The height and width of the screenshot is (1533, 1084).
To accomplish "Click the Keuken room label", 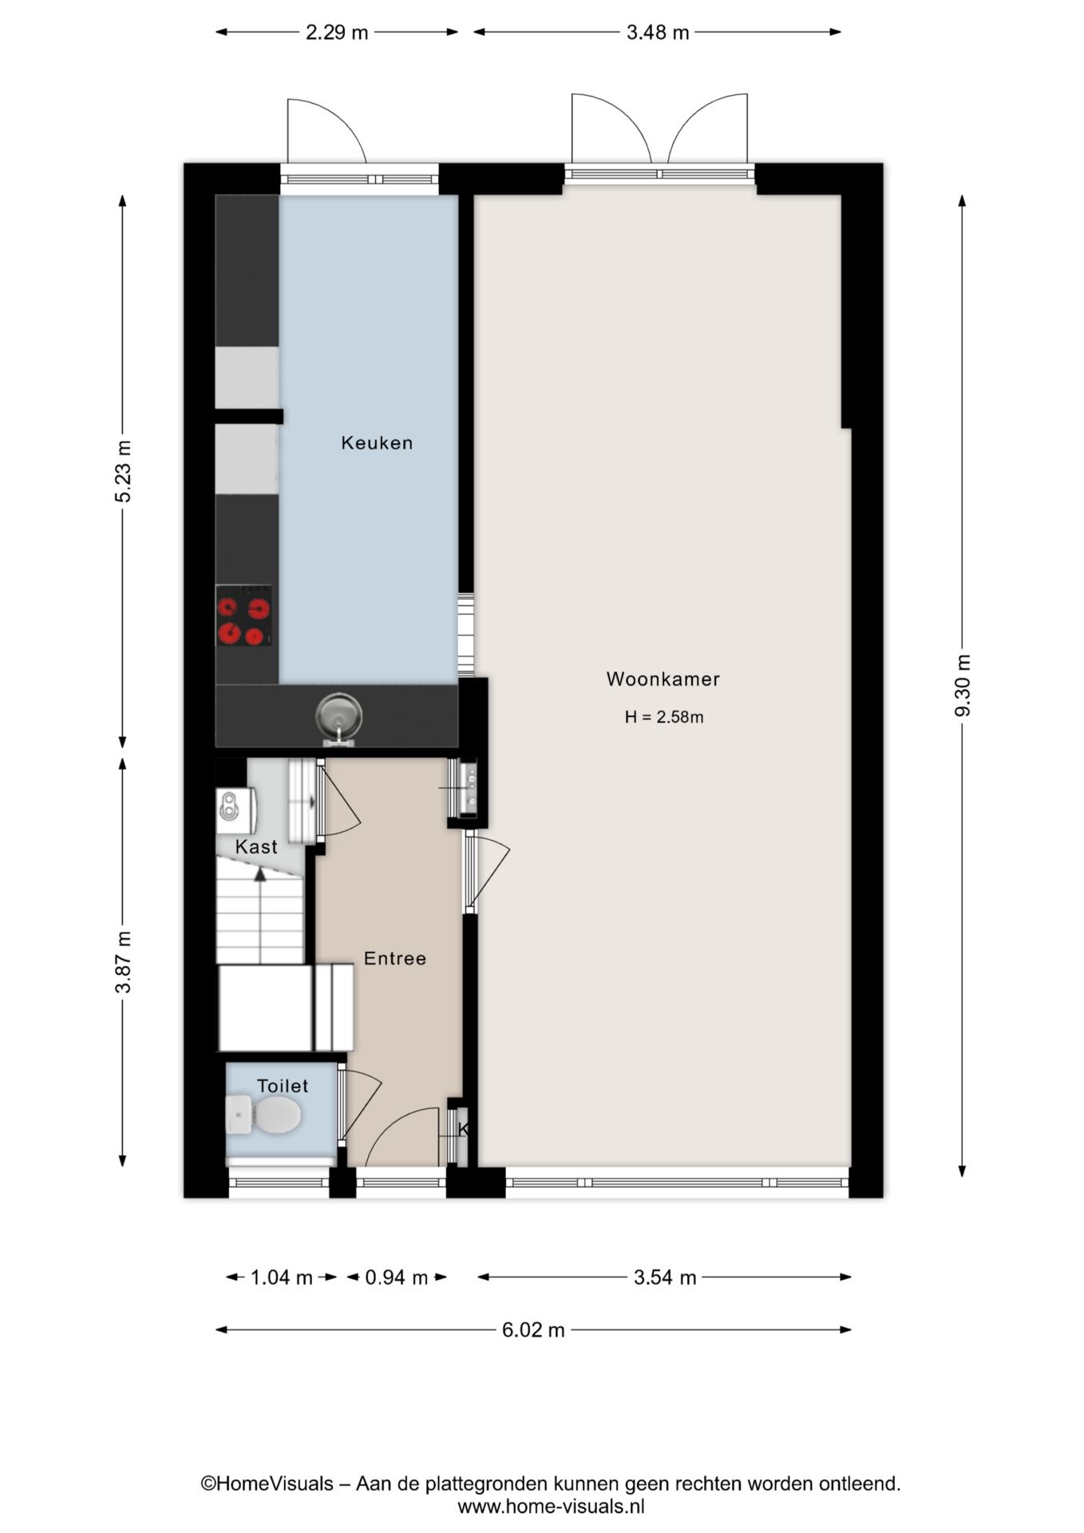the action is click(x=377, y=442).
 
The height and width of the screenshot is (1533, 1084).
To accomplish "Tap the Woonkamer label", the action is click(x=663, y=679).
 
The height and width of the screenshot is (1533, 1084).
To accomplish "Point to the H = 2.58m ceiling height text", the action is click(x=664, y=717).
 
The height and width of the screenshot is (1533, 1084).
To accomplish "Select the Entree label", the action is click(x=395, y=958).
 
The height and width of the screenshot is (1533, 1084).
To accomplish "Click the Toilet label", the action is click(x=283, y=1086).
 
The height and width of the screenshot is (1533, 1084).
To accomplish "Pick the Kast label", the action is click(x=256, y=846).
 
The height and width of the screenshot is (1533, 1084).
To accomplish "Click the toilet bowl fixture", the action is click(x=263, y=1114).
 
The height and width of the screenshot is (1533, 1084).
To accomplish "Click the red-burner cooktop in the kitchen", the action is click(x=243, y=616).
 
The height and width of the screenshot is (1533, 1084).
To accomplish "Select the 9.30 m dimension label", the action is click(x=963, y=686).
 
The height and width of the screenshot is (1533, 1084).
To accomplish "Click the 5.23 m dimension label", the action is click(x=123, y=471).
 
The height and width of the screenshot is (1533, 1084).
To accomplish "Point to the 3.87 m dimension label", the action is click(x=123, y=962).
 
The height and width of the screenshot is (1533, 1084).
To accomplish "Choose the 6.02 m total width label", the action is click(x=533, y=1329).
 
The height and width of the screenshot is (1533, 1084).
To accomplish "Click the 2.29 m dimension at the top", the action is click(x=337, y=33).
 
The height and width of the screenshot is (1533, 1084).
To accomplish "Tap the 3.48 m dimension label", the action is click(x=658, y=33).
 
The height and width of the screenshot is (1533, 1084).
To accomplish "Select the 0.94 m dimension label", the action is click(x=397, y=1277).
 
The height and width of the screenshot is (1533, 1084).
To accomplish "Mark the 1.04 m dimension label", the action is click(x=282, y=1277).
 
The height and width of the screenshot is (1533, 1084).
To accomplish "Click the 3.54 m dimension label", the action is click(x=665, y=1277).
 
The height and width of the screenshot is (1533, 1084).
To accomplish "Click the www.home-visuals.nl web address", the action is click(x=551, y=1507).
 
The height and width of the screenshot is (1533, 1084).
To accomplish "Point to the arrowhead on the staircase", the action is click(x=260, y=874).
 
